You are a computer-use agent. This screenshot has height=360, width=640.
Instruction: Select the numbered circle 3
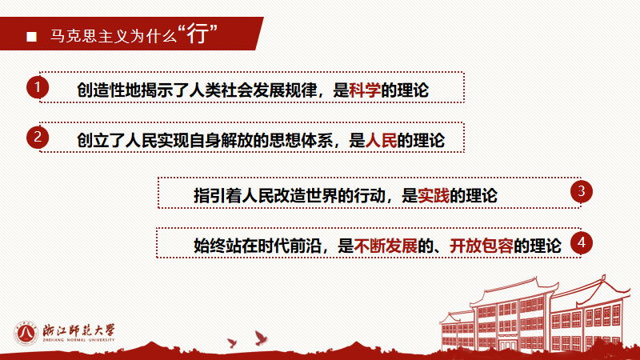pos(582,191)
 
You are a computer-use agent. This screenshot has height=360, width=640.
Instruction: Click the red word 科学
pos(365,90)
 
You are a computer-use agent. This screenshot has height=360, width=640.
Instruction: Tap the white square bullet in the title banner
pos(31,37)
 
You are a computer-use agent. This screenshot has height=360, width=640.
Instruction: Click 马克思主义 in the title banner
pos(82,37)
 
